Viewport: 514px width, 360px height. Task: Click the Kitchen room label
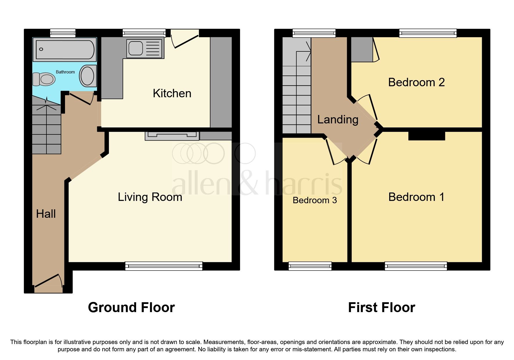coord(172,93)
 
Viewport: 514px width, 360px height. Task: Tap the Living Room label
coord(150,197)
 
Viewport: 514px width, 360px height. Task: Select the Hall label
coord(46,214)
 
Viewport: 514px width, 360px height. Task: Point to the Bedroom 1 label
coord(416,197)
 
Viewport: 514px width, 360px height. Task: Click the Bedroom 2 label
coord(416,82)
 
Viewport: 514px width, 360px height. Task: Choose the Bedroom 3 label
coord(315,200)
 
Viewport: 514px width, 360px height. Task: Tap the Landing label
coord(338,120)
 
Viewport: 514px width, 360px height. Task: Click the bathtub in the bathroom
coord(64,49)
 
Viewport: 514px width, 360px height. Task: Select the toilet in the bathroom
coord(44,79)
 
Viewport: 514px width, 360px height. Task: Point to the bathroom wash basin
coord(88,76)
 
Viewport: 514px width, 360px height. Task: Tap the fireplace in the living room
coord(172,135)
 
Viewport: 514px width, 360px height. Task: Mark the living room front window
coord(164,266)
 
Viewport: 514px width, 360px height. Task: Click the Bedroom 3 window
coord(310,266)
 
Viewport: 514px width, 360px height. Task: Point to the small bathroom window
coord(63,33)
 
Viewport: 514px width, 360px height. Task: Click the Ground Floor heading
coord(131,307)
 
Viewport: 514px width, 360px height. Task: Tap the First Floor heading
coord(381,307)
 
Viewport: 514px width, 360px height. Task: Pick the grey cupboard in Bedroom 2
coord(362,50)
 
